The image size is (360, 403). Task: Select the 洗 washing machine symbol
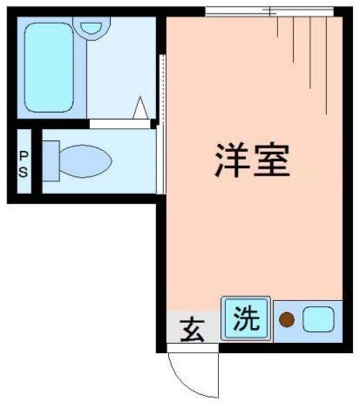(246, 319)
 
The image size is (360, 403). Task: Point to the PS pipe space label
(23, 163)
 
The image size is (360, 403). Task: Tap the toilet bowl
(85, 161)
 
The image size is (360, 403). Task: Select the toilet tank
(51, 161)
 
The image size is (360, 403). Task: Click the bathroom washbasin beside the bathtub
(91, 26)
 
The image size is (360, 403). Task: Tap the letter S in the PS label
(23, 171)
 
